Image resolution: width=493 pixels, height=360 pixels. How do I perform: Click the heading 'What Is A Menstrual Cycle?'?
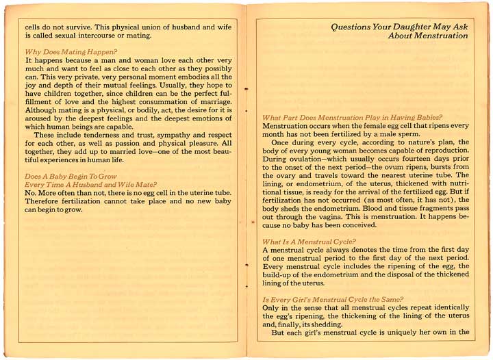pos(309,242)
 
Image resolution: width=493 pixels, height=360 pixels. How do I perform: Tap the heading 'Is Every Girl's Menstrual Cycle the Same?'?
pos(332,300)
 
